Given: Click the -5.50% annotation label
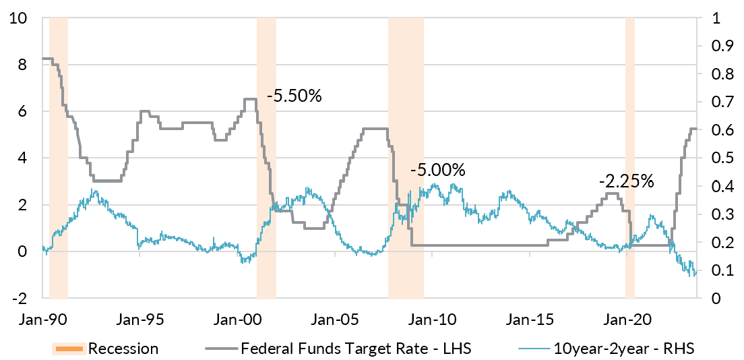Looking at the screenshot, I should pos(294,96).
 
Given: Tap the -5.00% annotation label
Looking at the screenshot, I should pos(437,169).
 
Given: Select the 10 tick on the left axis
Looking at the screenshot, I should pos(19,18).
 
